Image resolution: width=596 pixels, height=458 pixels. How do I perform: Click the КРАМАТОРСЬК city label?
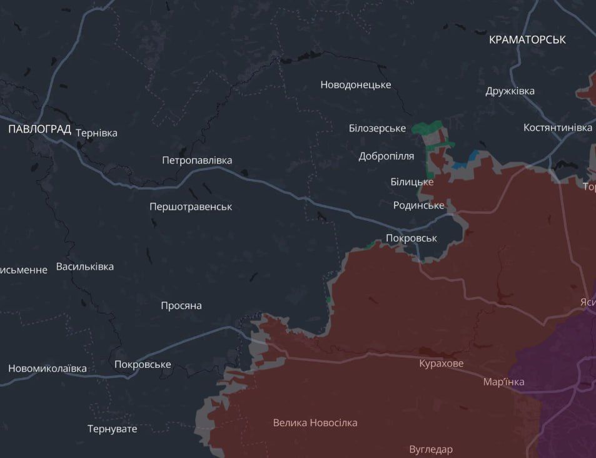tap(527, 39)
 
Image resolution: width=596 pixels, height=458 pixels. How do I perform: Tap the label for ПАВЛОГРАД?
tap(39, 129)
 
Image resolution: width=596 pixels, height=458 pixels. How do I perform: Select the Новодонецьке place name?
tap(355, 84)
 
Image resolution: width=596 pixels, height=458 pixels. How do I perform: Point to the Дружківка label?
tap(510, 91)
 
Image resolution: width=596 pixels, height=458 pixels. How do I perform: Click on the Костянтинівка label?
tap(557, 128)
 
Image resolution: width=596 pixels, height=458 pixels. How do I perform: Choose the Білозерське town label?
tap(377, 128)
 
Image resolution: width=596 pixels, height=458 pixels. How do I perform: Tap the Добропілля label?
tap(386, 156)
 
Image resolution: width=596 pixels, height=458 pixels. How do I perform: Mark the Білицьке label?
tap(412, 181)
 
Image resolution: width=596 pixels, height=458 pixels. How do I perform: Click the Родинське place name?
tap(418, 205)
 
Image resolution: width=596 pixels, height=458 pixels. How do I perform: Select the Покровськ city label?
tap(411, 238)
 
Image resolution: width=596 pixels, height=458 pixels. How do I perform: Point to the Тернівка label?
tap(96, 133)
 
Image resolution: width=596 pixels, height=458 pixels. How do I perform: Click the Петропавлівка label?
tap(196, 160)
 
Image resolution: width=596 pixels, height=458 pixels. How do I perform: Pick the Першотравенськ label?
tap(191, 206)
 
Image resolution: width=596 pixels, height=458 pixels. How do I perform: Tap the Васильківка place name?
tap(85, 267)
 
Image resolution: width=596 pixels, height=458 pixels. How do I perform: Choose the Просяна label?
tap(181, 306)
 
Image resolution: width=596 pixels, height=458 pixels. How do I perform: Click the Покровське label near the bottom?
tap(143, 365)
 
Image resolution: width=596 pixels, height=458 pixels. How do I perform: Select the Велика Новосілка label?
tap(315, 423)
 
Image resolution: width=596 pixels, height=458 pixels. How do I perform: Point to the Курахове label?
tap(441, 364)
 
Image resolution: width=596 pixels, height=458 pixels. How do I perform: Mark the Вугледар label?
tap(430, 449)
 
